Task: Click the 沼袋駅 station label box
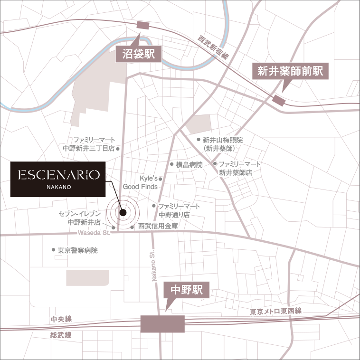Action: [139, 54]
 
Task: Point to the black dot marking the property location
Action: [123, 213]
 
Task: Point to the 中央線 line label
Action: [61, 320]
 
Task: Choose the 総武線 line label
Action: [61, 335]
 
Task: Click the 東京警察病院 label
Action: [77, 250]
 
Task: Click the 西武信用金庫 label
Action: [158, 227]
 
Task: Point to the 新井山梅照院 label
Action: [222, 144]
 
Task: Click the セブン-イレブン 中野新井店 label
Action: [84, 218]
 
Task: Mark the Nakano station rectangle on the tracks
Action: [162, 324]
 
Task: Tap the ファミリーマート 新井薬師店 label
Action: [239, 168]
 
